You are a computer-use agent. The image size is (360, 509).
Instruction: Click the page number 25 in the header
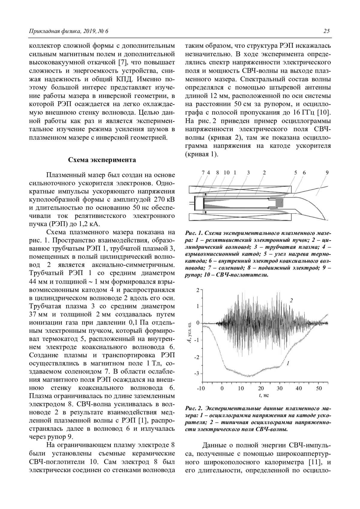[x=327, y=31]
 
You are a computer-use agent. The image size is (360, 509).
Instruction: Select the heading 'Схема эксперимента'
[x=102, y=159]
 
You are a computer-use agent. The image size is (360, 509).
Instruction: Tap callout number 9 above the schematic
[x=327, y=172]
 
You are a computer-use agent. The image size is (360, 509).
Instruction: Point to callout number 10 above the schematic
[x=226, y=172]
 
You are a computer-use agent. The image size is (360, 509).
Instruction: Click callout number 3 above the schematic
[x=248, y=172]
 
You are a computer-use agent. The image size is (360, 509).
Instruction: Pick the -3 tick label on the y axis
[x=197, y=374]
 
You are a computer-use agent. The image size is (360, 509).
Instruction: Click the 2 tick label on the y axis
[x=198, y=290]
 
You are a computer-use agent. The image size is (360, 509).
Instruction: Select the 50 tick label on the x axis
[x=319, y=388]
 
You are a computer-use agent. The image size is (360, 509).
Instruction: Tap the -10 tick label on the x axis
[x=201, y=388]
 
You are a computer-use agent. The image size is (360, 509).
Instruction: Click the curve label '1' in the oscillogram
[x=288, y=363]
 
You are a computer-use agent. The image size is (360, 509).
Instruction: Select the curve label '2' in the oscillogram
[x=291, y=300]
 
